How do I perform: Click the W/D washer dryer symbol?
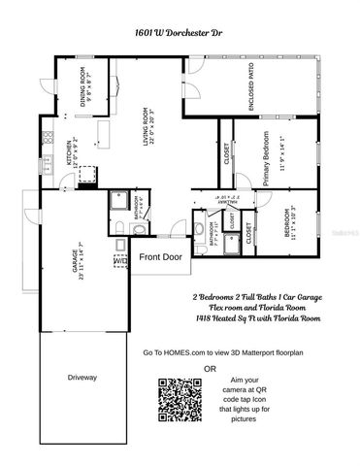[119, 260]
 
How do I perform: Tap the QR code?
[178, 399]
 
